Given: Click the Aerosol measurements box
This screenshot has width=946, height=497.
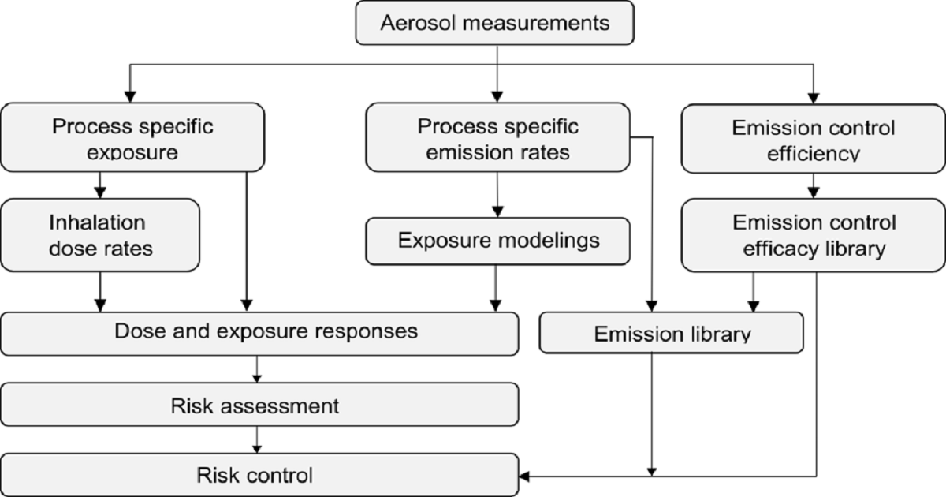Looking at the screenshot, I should coord(495,23).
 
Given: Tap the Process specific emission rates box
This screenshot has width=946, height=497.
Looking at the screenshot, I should coord(497,137).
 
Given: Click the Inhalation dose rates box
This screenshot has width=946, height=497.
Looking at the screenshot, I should coord(100,235).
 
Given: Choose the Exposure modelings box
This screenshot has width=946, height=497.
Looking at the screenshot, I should coord(498,240).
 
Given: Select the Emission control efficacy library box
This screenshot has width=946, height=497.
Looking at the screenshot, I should coord(813,235).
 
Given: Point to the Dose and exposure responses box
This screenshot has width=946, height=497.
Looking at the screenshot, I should coord(260,333).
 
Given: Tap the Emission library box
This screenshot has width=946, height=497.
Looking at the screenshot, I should coord(671,333).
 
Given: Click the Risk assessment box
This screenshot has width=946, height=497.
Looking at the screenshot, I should coord(260,406).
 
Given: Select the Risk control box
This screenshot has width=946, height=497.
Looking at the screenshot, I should coord(260,475).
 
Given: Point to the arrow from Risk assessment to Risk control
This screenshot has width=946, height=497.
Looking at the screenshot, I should coord(256,439).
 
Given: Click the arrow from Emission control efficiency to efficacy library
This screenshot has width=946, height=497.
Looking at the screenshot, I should coord(814,185).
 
